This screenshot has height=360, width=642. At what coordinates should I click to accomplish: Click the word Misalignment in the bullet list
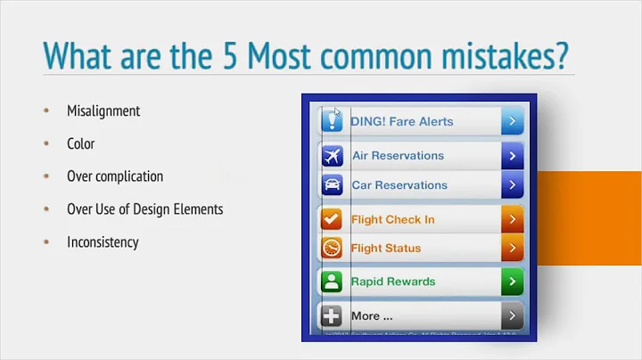click(x=103, y=111)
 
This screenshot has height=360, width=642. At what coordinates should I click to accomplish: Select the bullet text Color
click(x=80, y=143)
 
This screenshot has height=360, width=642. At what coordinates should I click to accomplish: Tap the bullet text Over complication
click(x=115, y=176)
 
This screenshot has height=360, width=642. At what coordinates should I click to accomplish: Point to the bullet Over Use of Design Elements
click(x=144, y=209)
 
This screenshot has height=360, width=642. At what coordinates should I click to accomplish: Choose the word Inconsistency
click(x=103, y=241)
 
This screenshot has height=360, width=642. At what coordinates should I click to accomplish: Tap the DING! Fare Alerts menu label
click(x=402, y=121)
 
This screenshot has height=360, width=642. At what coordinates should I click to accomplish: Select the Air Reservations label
click(x=398, y=155)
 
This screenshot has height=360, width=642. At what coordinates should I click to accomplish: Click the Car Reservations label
click(x=399, y=185)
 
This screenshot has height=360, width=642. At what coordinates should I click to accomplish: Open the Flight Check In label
click(x=393, y=219)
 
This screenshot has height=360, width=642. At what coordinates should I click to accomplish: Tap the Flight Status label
click(x=386, y=248)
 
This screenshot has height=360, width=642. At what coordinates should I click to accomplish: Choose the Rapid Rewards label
click(x=393, y=282)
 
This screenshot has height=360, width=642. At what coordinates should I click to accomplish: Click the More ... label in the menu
click(x=372, y=315)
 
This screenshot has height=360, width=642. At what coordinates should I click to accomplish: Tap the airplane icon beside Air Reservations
click(x=332, y=156)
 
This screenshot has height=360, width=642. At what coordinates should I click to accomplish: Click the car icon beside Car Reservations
click(x=332, y=186)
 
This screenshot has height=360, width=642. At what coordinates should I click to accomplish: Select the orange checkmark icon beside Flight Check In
click(x=332, y=219)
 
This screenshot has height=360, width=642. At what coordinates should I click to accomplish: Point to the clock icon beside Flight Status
click(x=332, y=249)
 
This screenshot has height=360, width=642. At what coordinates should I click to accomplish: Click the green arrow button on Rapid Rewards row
click(x=511, y=282)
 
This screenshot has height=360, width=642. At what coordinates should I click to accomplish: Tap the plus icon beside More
click(x=332, y=316)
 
